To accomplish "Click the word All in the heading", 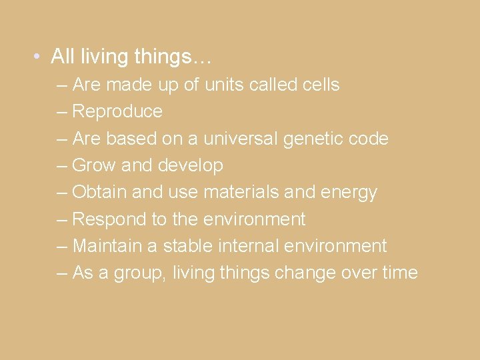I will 62,57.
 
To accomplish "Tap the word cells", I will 319,85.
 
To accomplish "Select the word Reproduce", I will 117,112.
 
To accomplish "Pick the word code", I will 370,139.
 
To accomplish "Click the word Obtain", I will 99,193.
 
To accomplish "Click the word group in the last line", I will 143,273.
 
